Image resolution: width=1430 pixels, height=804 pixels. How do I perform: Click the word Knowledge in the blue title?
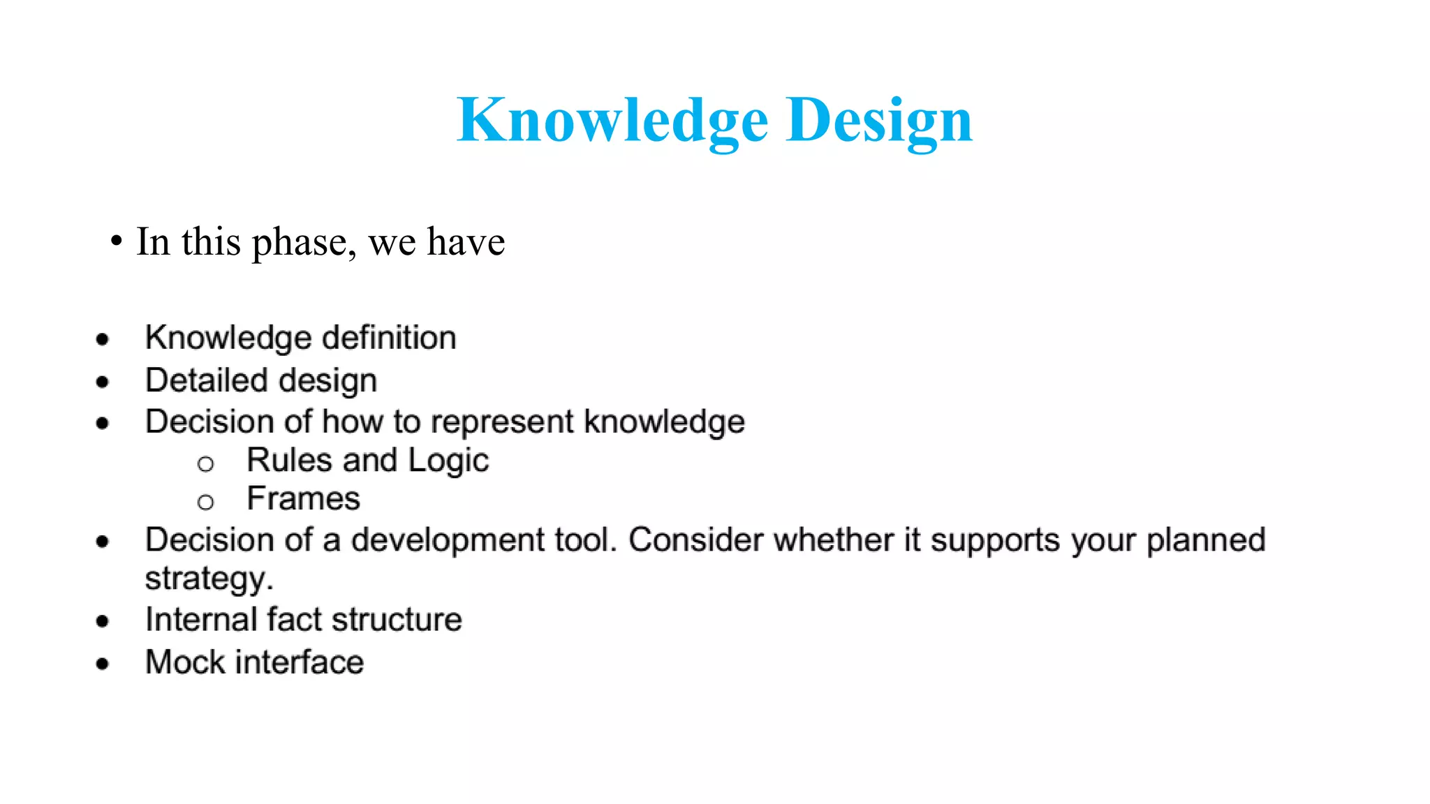point(612,120)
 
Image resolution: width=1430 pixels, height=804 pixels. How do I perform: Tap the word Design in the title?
point(878,120)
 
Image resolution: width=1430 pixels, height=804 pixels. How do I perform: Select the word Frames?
point(303,499)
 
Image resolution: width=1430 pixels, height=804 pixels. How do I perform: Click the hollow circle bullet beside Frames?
point(205,502)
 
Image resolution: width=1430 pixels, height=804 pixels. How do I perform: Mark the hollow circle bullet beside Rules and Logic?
point(205,463)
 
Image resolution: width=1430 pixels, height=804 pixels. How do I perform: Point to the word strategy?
point(208,579)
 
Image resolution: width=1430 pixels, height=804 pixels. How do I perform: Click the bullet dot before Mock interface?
point(103,663)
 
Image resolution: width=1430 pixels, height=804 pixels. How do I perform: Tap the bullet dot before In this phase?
point(117,241)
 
